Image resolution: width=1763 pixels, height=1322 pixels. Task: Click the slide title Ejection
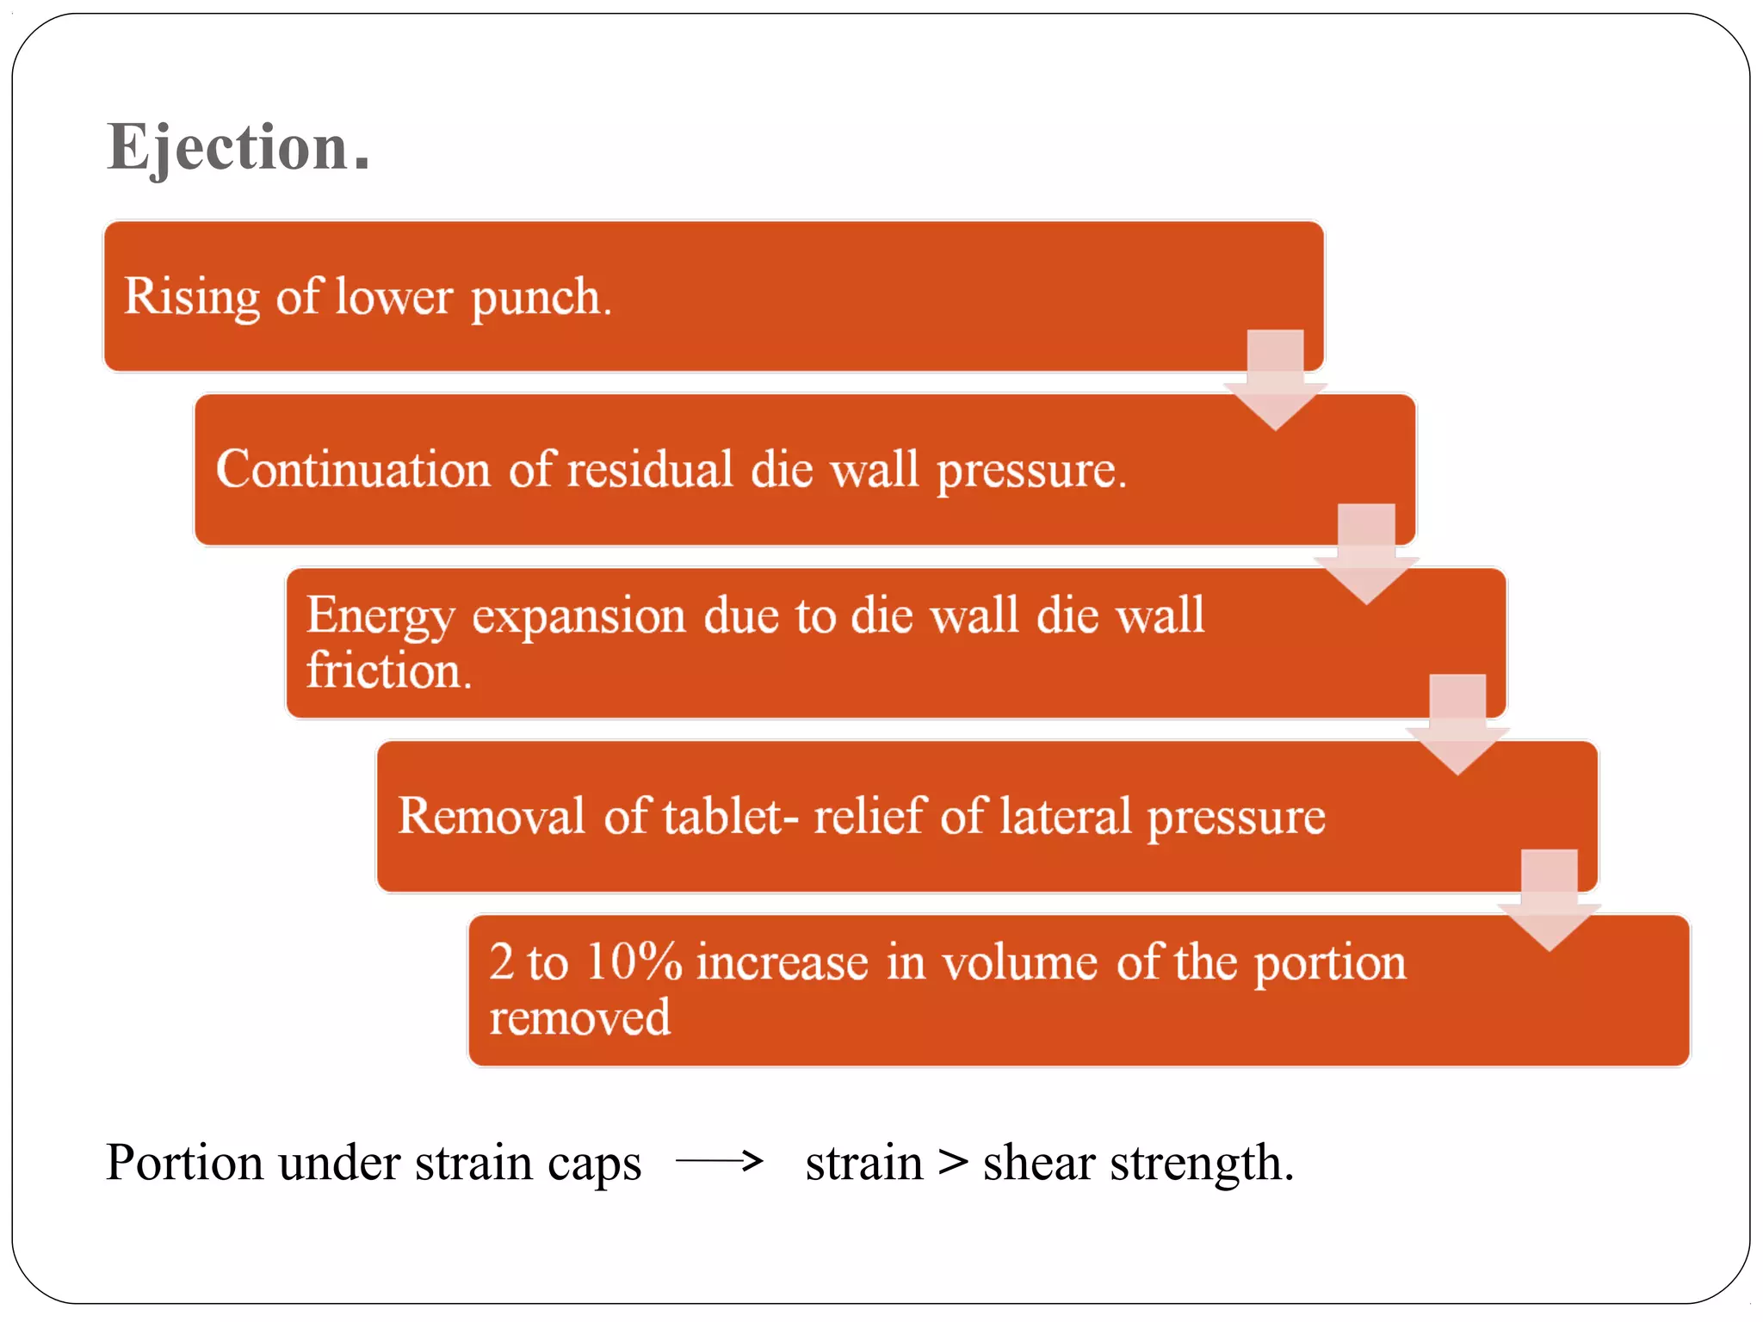coord(238,147)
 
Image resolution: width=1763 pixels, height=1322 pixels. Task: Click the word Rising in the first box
coord(192,297)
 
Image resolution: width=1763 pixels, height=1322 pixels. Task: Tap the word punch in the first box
coord(541,299)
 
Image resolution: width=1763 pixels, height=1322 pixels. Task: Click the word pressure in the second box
coord(1030,472)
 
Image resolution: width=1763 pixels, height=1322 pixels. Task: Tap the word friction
coord(389,670)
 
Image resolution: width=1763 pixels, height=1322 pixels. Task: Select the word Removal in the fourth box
coord(491,816)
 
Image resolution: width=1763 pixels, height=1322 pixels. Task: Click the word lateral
coord(1065,816)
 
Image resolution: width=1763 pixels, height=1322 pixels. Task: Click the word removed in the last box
coord(579,1017)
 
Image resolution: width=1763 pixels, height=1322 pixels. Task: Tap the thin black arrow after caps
coord(720,1161)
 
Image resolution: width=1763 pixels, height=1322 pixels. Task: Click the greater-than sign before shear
coord(953,1162)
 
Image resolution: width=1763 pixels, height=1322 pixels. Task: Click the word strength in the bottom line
coord(1202,1164)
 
